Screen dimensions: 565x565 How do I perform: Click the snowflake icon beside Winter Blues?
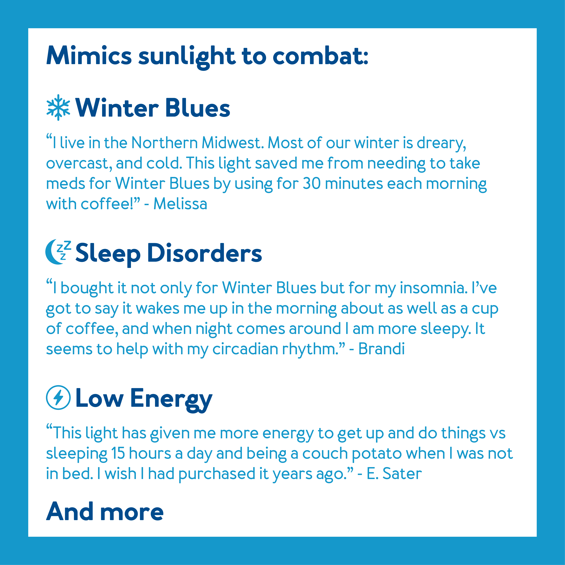point(58,107)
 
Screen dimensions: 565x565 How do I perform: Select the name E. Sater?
point(394,473)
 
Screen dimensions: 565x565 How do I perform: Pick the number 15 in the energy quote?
point(118,453)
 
